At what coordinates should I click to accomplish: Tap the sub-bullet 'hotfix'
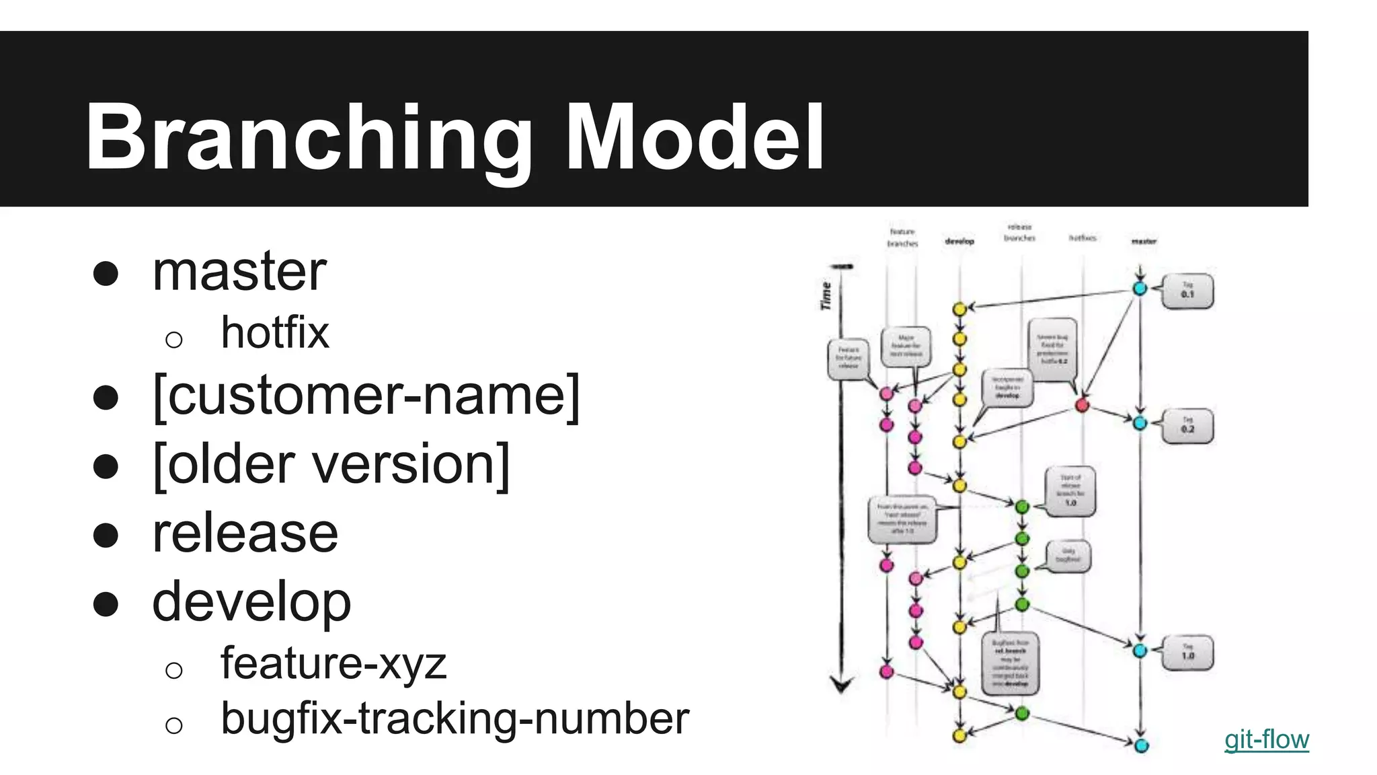(275, 332)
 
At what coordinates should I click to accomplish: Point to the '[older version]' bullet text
(331, 464)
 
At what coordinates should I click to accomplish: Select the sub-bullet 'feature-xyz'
(333, 663)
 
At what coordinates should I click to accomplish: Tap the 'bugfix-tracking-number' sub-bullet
(455, 718)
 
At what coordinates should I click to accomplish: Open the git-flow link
(1266, 739)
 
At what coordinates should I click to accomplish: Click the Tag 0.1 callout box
(1188, 291)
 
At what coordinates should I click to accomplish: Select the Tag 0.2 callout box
(1188, 426)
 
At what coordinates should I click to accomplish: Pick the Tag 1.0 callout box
(1188, 653)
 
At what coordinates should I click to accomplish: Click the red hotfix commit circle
(1082, 405)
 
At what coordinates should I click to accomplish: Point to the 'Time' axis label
(826, 296)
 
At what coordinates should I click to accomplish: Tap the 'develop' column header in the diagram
(959, 241)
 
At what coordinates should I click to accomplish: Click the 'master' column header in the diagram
(1144, 241)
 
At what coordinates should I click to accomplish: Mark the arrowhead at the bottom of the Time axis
(841, 685)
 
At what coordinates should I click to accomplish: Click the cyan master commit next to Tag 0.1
(1140, 289)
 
